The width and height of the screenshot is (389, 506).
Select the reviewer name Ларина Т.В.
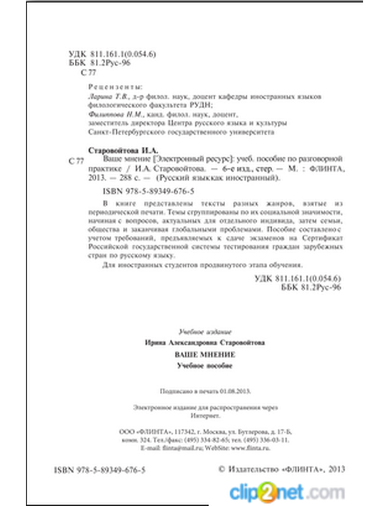point(105,96)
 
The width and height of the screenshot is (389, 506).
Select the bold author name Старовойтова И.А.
point(123,150)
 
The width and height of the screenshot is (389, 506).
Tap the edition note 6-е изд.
point(238,169)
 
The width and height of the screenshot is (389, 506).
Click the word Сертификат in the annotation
point(322,238)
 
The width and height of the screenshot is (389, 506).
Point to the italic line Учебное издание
point(205,332)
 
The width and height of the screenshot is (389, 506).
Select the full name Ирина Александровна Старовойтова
point(205,343)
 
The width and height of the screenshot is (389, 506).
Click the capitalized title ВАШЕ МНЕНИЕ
point(205,355)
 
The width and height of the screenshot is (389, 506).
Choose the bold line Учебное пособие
point(205,366)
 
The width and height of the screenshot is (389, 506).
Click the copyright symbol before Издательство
point(222,469)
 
